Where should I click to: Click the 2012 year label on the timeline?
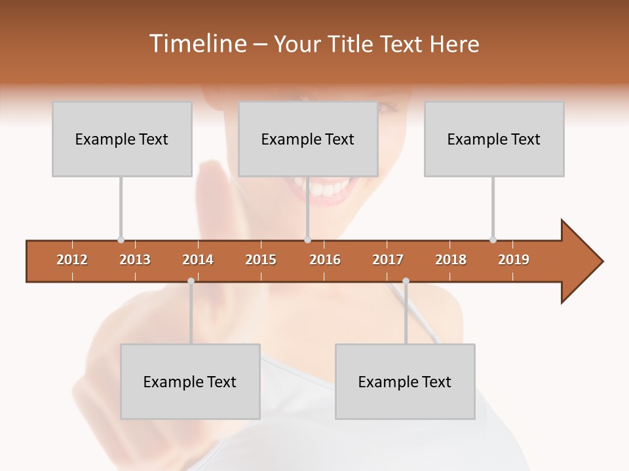72,260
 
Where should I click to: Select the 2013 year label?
135,260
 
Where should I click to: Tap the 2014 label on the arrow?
198,260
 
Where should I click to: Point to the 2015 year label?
261,260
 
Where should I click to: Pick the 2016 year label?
325,260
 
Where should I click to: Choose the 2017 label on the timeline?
388,260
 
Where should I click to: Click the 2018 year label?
451,260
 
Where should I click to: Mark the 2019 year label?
514,260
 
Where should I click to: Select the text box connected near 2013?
122,139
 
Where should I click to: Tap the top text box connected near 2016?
308,139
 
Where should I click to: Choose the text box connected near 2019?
494,139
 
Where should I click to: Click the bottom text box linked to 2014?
190,381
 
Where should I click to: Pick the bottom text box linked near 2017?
405,381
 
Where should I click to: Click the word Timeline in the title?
197,44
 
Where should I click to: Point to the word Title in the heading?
352,44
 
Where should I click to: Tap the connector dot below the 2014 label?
191,281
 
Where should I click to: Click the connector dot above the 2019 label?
493,239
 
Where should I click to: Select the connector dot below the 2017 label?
406,281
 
